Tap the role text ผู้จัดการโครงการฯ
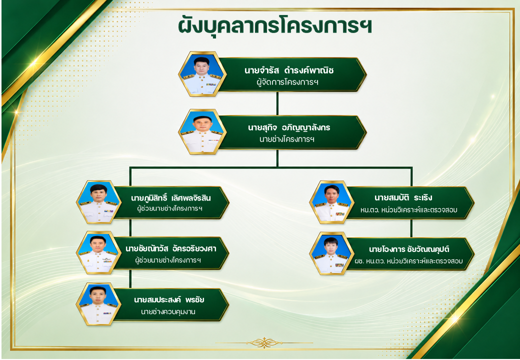[287, 82]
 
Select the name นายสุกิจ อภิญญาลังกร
[289, 127]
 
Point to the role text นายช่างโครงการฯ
[287, 139]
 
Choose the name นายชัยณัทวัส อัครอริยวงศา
[171, 248]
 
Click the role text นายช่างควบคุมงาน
[168, 311]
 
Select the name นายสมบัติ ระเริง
[403, 198]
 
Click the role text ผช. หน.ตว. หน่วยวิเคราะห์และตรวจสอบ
[408, 261]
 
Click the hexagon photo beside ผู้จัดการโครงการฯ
[202, 74]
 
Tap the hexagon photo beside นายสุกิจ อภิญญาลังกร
[202, 131]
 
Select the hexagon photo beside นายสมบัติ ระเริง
[330, 202]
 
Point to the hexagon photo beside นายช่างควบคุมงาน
[98, 303]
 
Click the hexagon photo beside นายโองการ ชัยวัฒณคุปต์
[330, 253]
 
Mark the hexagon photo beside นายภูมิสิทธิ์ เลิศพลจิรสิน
[98, 202]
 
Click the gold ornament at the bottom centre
[264, 342]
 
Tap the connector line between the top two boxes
[277, 103]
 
